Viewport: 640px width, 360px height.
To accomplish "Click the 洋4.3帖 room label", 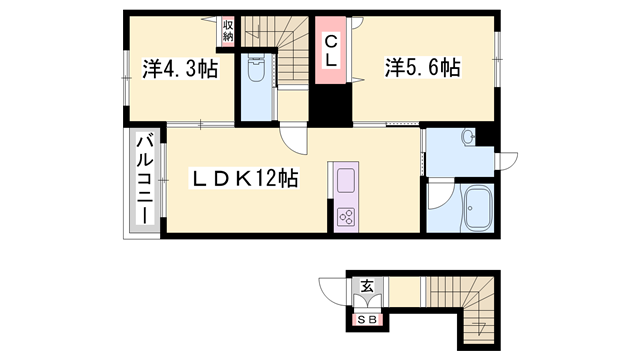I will tap(179, 69).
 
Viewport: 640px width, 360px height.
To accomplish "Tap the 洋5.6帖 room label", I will tap(423, 68).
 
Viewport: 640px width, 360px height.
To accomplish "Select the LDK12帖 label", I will tap(245, 180).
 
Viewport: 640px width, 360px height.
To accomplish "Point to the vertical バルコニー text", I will tap(143, 180).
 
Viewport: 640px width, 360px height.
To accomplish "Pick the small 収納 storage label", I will tap(228, 30).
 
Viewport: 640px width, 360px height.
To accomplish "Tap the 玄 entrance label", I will tap(367, 287).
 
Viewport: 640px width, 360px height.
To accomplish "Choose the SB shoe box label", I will tap(367, 320).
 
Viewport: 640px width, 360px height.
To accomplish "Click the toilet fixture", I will tap(255, 70).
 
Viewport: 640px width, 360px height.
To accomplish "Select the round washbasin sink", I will tap(468, 137).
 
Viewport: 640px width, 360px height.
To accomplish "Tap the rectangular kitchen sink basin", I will tap(347, 182).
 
